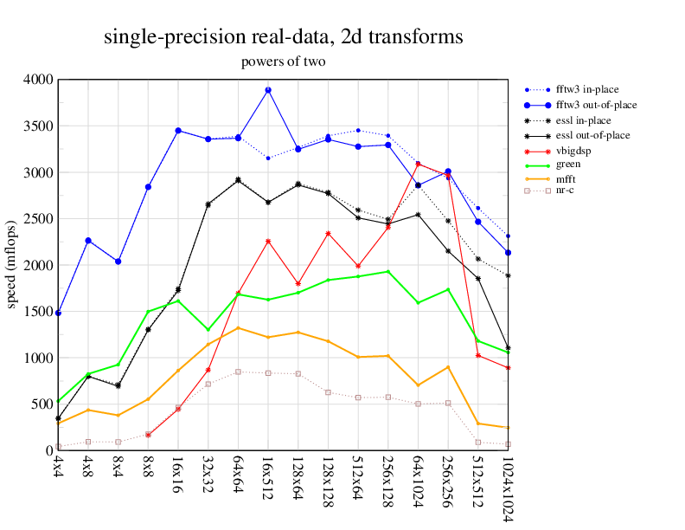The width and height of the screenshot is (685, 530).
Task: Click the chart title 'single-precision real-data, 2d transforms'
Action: coord(283,37)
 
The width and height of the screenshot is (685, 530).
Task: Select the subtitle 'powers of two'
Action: coord(283,61)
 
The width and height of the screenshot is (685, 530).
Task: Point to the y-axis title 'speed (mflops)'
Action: coord(11,265)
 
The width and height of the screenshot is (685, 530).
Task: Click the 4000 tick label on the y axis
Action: coord(38,80)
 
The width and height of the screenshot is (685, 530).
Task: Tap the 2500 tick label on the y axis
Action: coord(38,218)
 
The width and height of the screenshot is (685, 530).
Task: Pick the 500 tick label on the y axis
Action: coord(42,404)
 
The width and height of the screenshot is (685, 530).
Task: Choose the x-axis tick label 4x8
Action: coord(88,469)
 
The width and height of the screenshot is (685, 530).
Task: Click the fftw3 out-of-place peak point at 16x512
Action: coord(268,90)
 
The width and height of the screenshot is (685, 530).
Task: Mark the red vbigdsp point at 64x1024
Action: coord(418,163)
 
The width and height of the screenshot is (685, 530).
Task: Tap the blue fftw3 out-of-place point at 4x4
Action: coord(58,313)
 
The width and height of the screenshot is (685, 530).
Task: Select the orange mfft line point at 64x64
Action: coord(238,328)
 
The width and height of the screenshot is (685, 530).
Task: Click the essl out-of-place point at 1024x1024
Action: coord(508,347)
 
